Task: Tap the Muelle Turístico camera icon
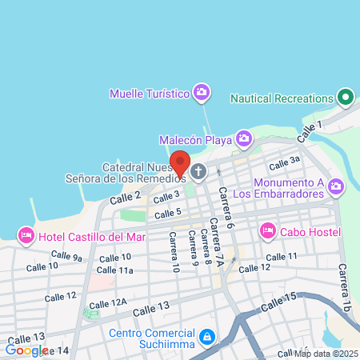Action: (x=202, y=94)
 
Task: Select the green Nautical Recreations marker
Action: (x=346, y=98)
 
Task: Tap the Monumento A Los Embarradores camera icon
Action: (x=335, y=187)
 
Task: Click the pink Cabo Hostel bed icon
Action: (x=266, y=232)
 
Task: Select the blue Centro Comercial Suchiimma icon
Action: (x=207, y=335)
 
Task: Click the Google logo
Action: (x=26, y=350)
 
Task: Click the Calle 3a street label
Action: (x=284, y=163)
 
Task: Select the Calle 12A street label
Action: (x=108, y=303)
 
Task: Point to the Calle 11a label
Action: (x=115, y=270)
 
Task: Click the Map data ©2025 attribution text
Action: (x=326, y=354)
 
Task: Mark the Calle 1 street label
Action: (x=311, y=127)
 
